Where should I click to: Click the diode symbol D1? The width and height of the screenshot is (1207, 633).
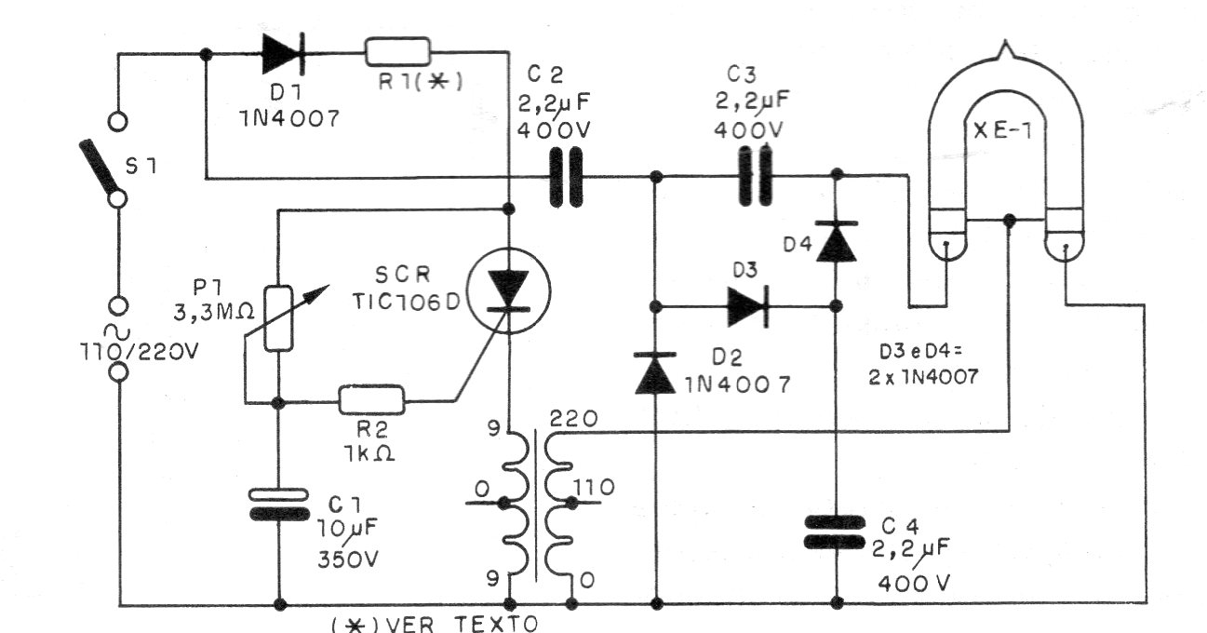click(280, 54)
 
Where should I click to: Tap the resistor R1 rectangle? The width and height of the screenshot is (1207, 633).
click(397, 52)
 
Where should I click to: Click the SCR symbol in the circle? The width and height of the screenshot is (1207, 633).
click(508, 289)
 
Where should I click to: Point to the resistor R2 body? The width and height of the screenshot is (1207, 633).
click(371, 401)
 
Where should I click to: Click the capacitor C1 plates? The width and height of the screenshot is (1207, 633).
click(279, 504)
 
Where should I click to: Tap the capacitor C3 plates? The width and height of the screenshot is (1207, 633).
click(756, 175)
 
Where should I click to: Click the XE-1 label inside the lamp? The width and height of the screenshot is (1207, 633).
click(1008, 134)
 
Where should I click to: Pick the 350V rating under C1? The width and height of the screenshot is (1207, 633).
click(347, 560)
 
